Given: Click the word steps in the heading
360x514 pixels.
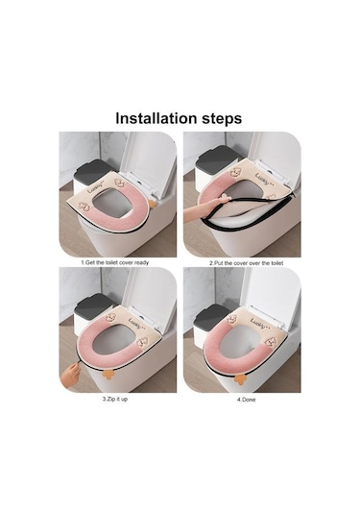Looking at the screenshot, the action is [222, 119].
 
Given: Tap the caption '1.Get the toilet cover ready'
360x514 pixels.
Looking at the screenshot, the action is [115, 262].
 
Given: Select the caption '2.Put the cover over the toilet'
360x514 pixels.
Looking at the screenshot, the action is [247, 263].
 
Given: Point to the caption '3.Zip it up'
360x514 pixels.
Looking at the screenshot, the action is [115, 400].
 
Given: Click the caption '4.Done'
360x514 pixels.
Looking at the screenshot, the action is [247, 400].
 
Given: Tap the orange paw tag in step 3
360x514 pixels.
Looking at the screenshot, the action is [108, 374].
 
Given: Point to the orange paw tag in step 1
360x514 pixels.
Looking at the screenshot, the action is [153, 204].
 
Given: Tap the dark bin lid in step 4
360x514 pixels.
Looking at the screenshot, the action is [211, 315].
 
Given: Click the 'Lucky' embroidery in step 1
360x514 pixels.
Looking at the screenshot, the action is [95, 189].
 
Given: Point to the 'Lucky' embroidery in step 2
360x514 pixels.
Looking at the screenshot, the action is [264, 180].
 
